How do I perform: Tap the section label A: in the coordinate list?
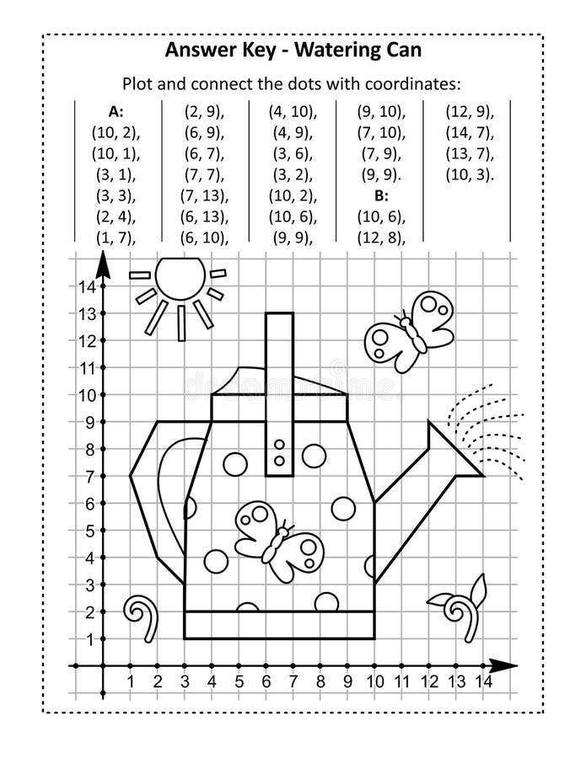(x=116, y=111)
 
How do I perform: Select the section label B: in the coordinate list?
(x=381, y=195)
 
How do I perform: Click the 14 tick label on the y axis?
(x=85, y=286)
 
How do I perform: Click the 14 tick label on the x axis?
(x=483, y=681)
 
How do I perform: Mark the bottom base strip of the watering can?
(x=278, y=624)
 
